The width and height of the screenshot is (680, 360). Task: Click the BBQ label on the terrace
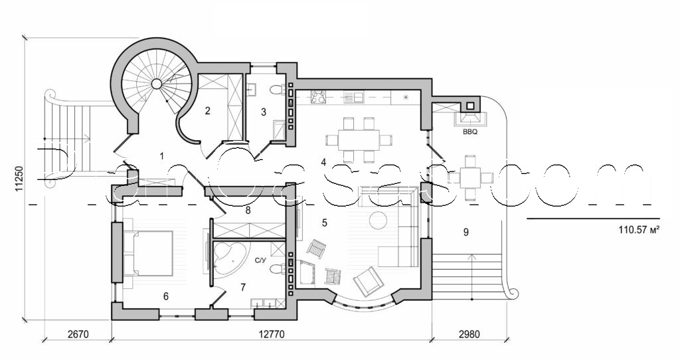[470, 132]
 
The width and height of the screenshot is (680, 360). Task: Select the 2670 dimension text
[77, 334]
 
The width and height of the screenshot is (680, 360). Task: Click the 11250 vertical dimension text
[21, 180]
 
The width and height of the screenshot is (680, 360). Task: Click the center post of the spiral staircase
[157, 84]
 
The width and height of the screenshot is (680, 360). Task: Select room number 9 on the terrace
[466, 232]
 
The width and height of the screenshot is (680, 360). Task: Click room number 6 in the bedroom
[166, 296]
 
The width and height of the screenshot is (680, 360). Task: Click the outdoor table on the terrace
[470, 177]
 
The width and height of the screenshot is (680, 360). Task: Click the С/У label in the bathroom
[261, 261]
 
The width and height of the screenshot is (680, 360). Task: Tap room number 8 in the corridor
[248, 211]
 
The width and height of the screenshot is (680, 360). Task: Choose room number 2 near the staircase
[207, 111]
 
